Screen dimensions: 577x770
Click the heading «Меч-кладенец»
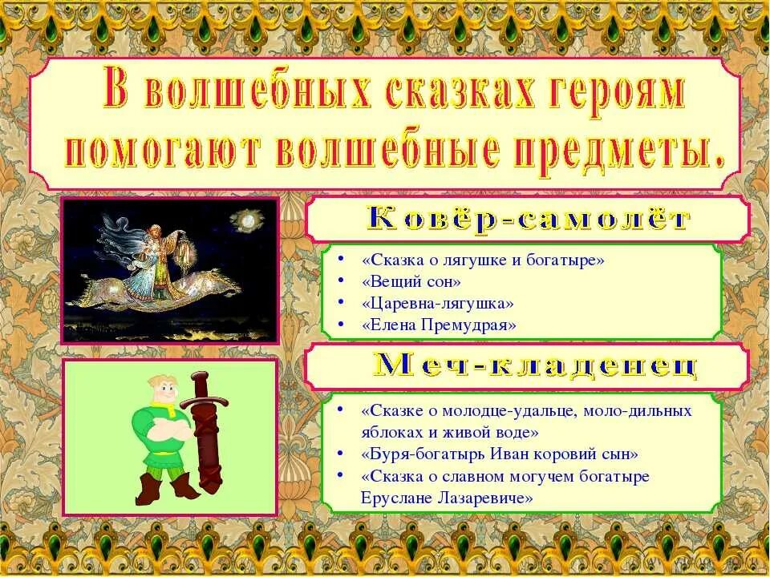[x=536, y=366]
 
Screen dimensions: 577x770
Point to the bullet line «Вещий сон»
[x=411, y=282]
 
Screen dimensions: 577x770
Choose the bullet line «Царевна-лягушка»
[x=437, y=304]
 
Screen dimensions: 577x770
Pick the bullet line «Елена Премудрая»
[x=439, y=325]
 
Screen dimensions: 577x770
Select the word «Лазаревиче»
[x=486, y=498]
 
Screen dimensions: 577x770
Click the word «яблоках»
[x=388, y=432]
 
